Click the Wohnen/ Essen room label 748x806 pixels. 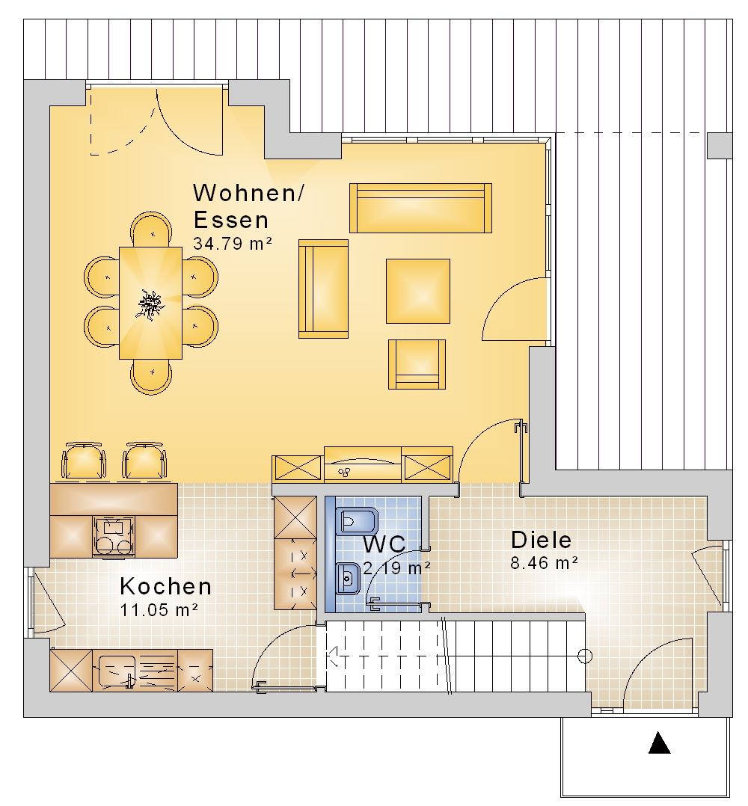coord(248,206)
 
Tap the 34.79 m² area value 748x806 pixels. coord(233,243)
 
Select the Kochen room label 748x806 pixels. coord(165,586)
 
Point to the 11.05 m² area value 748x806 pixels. coord(159,609)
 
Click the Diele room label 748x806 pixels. coord(541,540)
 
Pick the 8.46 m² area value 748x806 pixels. coord(544,563)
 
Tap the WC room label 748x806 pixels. coord(384,544)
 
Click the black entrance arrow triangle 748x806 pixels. coord(659,742)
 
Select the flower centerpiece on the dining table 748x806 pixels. coord(150,304)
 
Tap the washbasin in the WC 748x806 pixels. coord(348,579)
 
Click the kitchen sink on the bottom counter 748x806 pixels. coord(117,671)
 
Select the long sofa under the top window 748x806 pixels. coord(420,208)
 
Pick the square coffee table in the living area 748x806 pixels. coord(418,291)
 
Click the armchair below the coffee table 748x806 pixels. coord(417,364)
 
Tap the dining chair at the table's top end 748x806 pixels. coord(151,230)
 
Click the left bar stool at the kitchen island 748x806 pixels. coord(84,461)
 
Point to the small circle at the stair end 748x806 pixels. coord(585,656)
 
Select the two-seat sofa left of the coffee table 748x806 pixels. coord(323,289)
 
